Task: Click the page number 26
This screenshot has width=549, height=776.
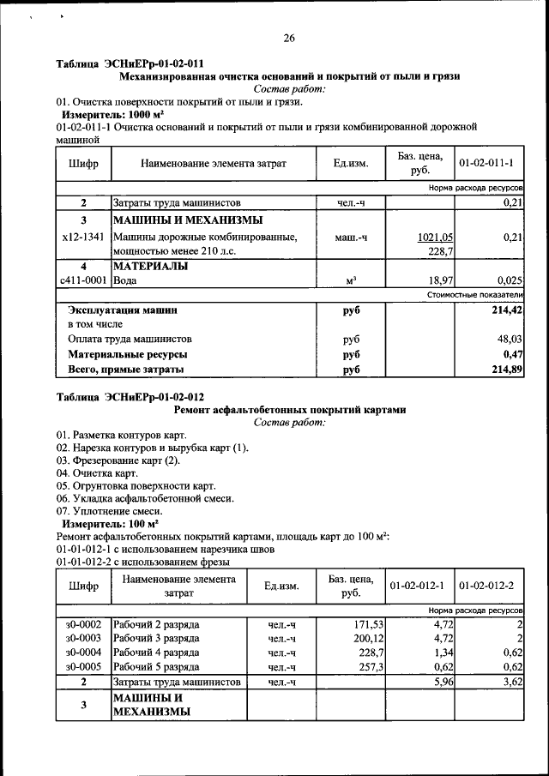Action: pos(288,37)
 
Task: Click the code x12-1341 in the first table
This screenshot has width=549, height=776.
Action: pos(83,238)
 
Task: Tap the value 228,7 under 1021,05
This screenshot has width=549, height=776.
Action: pos(441,251)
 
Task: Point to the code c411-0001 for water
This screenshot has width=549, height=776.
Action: pos(83,280)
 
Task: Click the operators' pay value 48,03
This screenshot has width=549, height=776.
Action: pos(509,340)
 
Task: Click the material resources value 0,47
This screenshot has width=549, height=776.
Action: pos(512,354)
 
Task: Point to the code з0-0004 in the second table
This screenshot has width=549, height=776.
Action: pos(83,653)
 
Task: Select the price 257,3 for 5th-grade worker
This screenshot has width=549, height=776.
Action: pos(364,667)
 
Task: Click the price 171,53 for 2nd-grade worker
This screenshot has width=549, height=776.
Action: pos(361,623)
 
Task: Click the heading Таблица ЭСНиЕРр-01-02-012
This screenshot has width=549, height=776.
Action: pos(130,397)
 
